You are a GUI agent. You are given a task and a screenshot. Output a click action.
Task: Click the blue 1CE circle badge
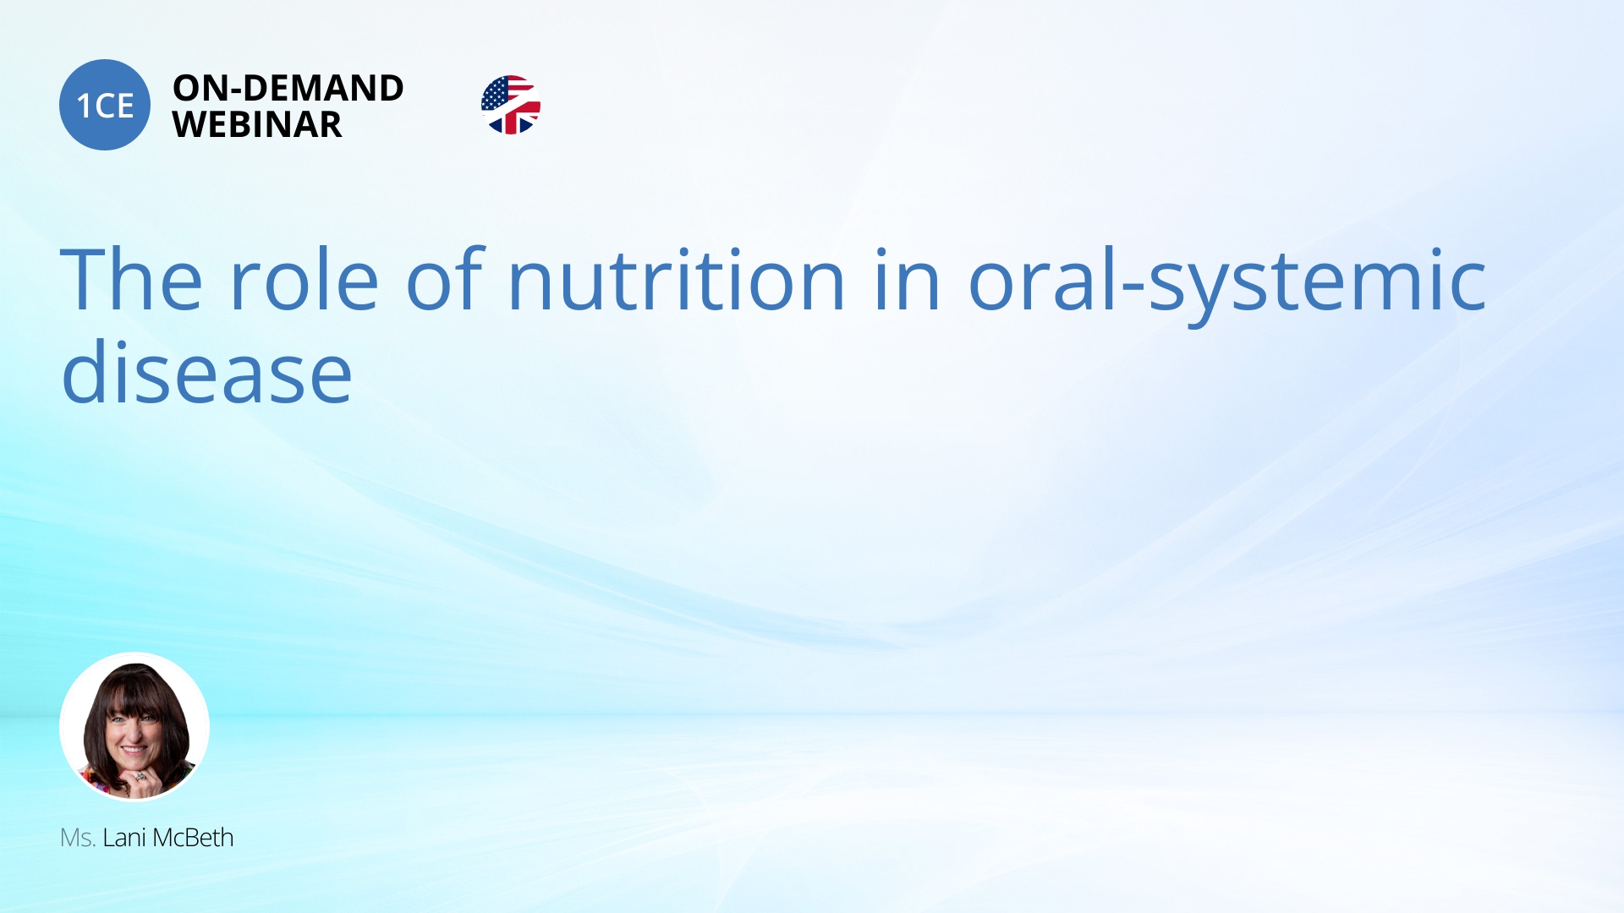coord(105,105)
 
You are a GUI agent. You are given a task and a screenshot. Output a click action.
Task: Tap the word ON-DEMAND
coord(288,88)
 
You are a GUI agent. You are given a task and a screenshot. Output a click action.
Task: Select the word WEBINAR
coord(257,124)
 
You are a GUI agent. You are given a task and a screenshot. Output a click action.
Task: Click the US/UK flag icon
coord(511,105)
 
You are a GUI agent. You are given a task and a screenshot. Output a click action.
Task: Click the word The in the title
coord(132,279)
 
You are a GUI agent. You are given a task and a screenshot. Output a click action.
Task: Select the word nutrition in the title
coord(677,279)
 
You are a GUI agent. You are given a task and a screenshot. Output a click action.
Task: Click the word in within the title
coord(908,279)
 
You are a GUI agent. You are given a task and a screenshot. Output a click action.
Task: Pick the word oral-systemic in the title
coord(1226,284)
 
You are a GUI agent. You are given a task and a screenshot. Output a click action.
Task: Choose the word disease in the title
coord(206,372)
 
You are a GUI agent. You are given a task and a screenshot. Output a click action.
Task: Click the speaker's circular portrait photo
coord(134,726)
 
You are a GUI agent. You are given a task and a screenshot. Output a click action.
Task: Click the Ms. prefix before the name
coord(77,838)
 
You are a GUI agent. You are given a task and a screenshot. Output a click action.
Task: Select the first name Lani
coord(124,838)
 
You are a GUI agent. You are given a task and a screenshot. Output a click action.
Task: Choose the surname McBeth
coord(193,838)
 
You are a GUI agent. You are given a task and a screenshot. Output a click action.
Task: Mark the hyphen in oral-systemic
coord(1133,286)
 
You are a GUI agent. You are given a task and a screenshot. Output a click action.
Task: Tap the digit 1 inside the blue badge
coord(83,106)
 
